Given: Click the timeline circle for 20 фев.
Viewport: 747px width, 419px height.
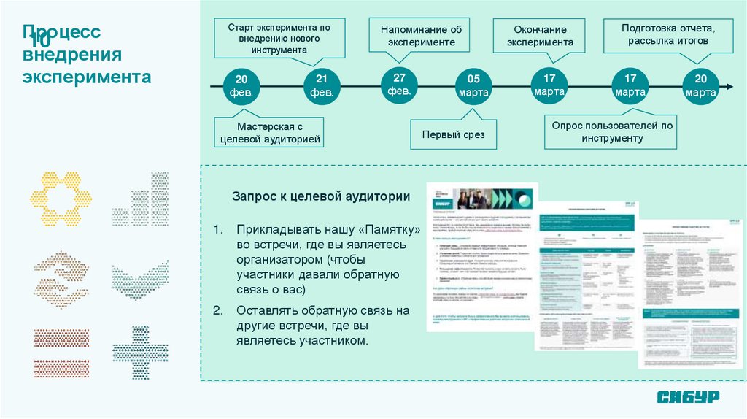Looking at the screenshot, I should pos(242,87).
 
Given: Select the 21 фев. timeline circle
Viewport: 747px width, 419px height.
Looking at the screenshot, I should pos(322,87).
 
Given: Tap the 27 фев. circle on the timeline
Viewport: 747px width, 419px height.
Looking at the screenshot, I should pos(399,85).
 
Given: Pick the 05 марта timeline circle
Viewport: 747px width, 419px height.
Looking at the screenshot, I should pos(474,87).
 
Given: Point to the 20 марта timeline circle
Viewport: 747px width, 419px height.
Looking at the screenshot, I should pos(700,87).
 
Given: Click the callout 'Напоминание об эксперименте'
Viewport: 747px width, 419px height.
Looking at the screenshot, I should pos(421,35).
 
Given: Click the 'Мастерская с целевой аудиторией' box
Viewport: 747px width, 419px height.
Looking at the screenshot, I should pos(268,132).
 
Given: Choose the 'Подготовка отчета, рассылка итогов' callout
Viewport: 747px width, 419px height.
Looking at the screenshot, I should pos(667,34).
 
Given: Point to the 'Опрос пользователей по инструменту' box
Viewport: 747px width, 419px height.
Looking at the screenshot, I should pos(611,131).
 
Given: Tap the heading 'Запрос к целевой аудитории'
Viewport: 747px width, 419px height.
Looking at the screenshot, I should pos(321,197).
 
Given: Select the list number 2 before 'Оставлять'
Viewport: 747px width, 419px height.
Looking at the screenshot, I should pos(217,310).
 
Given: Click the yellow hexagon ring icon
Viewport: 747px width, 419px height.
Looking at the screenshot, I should pos(61,199).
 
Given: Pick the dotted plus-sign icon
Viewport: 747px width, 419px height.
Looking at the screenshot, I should pos(140,353).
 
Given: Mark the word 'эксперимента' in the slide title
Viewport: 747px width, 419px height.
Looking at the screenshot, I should pos(87,78).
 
